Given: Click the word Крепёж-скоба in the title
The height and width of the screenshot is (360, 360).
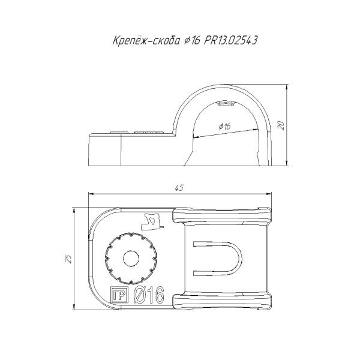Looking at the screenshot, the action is (x=146, y=41).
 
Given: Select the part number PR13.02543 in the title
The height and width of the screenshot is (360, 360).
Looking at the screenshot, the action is (x=230, y=41).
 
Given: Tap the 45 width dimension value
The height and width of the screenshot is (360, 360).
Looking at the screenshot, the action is (x=179, y=188).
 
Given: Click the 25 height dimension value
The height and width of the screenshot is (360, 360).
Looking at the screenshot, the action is (x=68, y=259).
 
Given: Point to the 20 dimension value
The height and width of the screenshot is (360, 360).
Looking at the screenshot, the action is (x=281, y=125).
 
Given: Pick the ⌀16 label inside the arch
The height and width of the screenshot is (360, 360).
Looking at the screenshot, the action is (x=224, y=126).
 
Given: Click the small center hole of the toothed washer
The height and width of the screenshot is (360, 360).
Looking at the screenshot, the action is (x=131, y=259).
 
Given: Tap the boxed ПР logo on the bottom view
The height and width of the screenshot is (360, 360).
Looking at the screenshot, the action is (x=119, y=295).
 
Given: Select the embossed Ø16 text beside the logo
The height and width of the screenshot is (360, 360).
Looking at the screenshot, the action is (x=149, y=295).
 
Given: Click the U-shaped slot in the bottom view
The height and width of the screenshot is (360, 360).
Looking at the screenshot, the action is (x=240, y=258).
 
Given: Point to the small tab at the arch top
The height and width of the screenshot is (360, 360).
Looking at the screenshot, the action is (x=226, y=103).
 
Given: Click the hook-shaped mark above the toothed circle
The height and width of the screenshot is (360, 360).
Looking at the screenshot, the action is (x=152, y=221).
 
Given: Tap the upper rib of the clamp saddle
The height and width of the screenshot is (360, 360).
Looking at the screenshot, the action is (x=222, y=215).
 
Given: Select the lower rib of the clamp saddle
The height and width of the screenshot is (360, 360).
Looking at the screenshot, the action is (x=222, y=301).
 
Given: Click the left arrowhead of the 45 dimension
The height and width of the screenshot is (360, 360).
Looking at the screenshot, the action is (x=91, y=194).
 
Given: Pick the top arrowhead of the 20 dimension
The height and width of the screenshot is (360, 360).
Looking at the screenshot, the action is (x=287, y=87).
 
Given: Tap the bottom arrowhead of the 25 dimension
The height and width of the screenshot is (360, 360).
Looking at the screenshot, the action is (x=74, y=307).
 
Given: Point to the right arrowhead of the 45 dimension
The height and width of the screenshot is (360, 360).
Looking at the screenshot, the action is (x=269, y=194).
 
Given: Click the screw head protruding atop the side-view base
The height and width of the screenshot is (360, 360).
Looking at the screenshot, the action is (x=149, y=132).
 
